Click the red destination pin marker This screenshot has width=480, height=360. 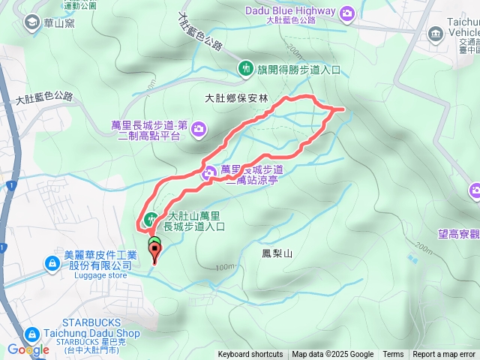155,253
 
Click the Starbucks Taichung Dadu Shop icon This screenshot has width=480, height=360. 33,334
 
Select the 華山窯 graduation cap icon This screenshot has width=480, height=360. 31,22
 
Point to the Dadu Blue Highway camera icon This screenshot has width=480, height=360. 346,13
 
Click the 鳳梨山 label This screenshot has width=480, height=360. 277,254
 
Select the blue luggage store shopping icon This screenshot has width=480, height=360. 52,264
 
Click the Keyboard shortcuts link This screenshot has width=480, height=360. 250,355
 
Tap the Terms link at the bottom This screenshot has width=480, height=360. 393,355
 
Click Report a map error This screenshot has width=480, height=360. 445,355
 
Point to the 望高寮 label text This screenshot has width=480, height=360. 459,235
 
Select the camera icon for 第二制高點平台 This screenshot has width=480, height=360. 199,130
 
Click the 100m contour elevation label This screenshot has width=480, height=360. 223,267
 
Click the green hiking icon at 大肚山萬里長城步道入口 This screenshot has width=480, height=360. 150,220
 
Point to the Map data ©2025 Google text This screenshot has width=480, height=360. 333,355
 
